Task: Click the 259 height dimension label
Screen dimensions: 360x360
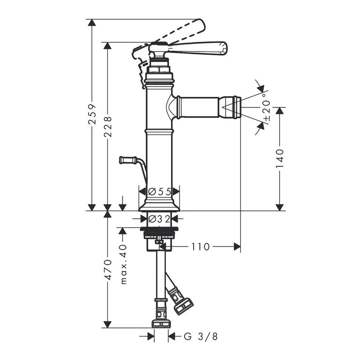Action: tap(92, 114)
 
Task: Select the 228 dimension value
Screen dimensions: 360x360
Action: tap(108, 127)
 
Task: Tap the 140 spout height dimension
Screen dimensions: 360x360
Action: tap(280, 159)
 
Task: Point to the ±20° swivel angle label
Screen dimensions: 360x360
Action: tap(266, 107)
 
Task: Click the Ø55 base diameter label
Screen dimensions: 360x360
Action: tap(160, 192)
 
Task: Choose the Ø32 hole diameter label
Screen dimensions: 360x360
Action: tap(159, 219)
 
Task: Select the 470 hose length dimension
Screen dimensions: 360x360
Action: tap(108, 270)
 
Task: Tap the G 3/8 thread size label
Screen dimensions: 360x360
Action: tap(201, 337)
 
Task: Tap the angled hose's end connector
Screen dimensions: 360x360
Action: tap(183, 306)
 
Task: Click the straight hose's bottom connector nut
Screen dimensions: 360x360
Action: tap(161, 324)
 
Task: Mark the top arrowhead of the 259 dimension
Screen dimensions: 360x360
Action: tap(92, 23)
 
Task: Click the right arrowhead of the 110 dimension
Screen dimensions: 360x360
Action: tap(237, 247)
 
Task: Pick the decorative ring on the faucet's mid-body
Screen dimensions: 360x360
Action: tap(159, 132)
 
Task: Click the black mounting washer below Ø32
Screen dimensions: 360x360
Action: tap(159, 229)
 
